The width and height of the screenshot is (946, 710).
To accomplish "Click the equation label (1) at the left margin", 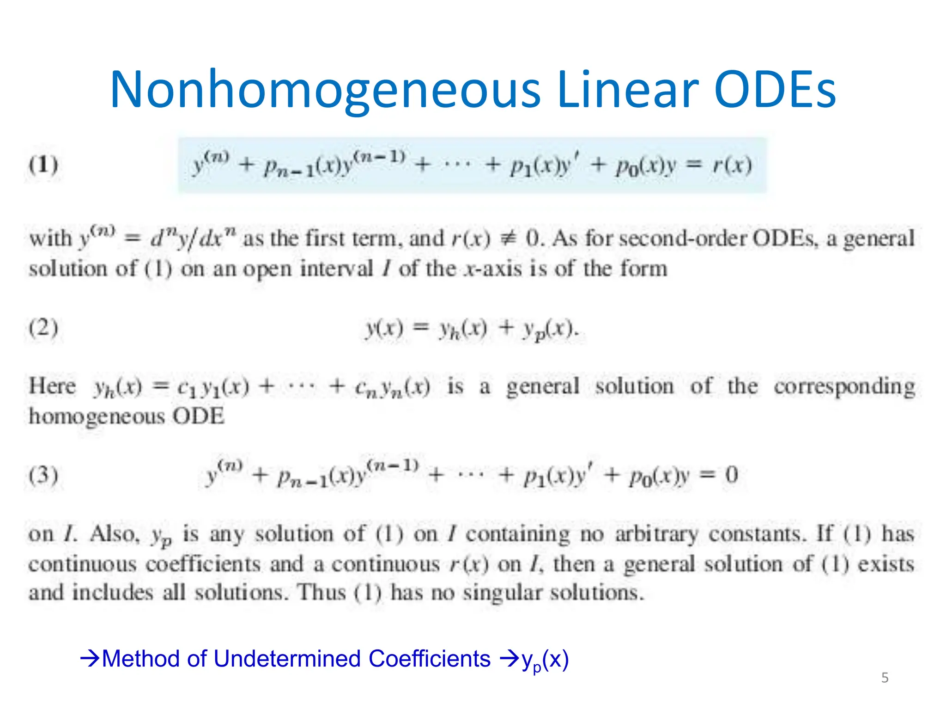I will coord(43,165).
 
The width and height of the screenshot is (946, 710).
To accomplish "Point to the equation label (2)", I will coord(43,328).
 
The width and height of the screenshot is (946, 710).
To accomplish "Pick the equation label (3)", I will coord(43,475).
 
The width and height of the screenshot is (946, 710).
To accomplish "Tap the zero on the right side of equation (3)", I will coord(731,475).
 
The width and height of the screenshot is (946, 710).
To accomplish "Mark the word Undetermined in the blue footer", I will coord(286,659).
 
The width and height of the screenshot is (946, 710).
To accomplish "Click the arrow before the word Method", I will coord(90,658).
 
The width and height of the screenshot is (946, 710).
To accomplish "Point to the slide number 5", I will coord(885,678).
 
